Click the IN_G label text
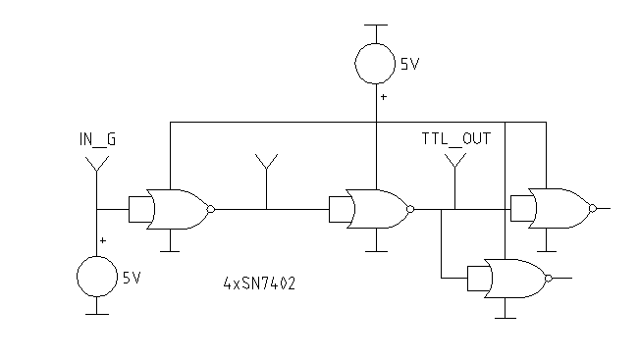click(x=97, y=139)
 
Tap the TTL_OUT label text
click(x=456, y=139)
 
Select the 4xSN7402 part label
click(x=259, y=284)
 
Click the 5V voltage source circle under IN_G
click(x=97, y=276)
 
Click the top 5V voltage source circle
click(x=377, y=65)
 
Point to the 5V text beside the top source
click(x=410, y=65)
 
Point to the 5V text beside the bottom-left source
click(x=132, y=278)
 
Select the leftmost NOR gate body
click(x=177, y=208)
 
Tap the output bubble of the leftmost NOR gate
click(x=210, y=208)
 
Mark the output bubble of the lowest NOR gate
click(x=549, y=278)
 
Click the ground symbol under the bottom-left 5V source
click(x=97, y=313)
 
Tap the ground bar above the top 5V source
click(x=377, y=26)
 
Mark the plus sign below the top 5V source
click(x=384, y=98)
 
